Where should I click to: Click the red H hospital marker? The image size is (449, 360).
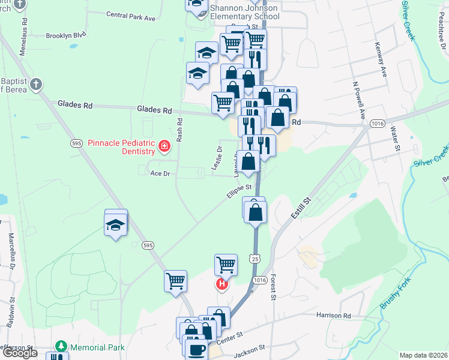click(x=222, y=284)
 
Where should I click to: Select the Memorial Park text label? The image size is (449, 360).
click(x=97, y=347)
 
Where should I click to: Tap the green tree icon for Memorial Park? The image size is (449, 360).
click(x=60, y=347)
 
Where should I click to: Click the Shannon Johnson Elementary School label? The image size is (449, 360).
click(x=244, y=13)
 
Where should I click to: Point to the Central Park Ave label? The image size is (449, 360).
click(x=130, y=16)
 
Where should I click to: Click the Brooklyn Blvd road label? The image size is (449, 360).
click(x=66, y=35)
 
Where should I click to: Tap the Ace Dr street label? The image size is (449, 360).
click(x=160, y=173)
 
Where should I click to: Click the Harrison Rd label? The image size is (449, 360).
click(x=334, y=316)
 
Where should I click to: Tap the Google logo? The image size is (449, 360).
click(x=20, y=353)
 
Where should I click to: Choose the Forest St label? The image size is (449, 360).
click(x=273, y=287)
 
